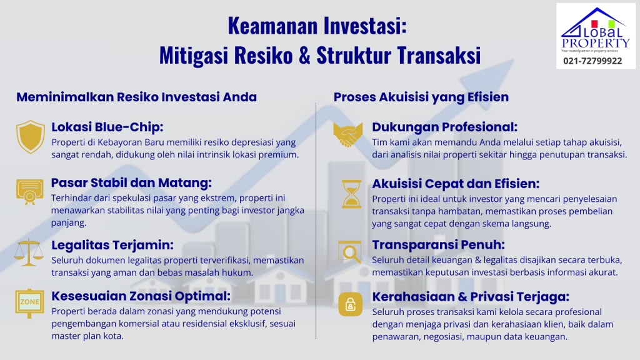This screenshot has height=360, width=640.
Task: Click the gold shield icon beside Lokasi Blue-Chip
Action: coord(31,136)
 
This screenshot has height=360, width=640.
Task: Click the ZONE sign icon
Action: coord(31,303)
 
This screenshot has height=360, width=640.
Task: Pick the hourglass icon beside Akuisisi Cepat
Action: coord(350,193)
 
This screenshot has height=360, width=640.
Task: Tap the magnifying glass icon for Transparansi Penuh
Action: coord(350,251)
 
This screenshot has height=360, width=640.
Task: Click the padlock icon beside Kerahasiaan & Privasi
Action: coord(350,304)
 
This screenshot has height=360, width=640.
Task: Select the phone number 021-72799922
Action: coord(592,61)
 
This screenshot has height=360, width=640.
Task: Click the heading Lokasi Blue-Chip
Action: coord(107,127)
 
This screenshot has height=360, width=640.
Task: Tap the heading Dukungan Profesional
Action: coord(444,127)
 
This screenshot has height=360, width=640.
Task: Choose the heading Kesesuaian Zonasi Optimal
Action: coord(141,296)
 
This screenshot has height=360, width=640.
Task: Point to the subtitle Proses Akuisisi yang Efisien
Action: coord(421,97)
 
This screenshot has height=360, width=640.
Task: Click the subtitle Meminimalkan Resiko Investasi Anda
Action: coord(136,97)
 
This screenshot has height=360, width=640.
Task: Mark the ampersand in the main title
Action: coord(303,54)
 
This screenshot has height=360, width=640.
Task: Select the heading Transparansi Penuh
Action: coord(438,244)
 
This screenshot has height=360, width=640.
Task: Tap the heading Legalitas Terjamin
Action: coord(112,244)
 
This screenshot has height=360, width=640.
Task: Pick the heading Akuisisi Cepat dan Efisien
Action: coord(456,184)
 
